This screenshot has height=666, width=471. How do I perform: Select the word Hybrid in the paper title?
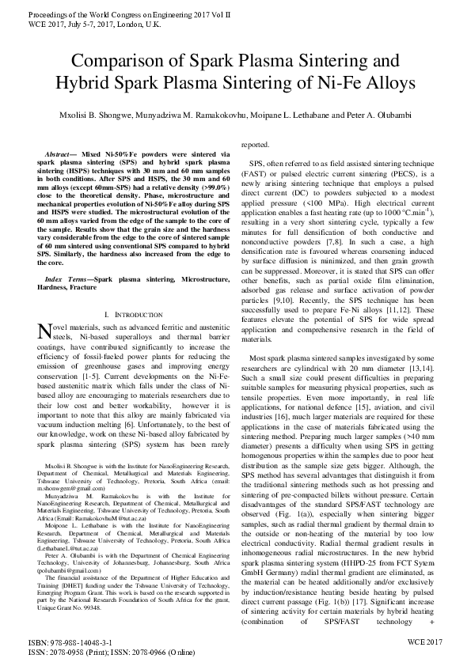pos(85,83)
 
